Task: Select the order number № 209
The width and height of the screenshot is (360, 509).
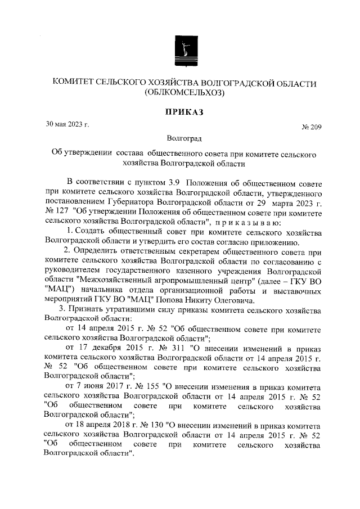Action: click(311, 128)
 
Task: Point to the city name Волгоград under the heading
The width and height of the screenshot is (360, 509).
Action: click(184, 137)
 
